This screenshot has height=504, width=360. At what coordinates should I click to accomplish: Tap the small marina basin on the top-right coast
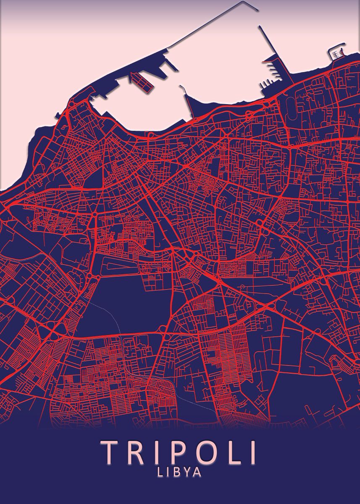pyautogui.click(x=336, y=53)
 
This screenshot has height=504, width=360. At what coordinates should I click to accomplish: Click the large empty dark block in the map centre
pyautogui.click(x=126, y=302)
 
